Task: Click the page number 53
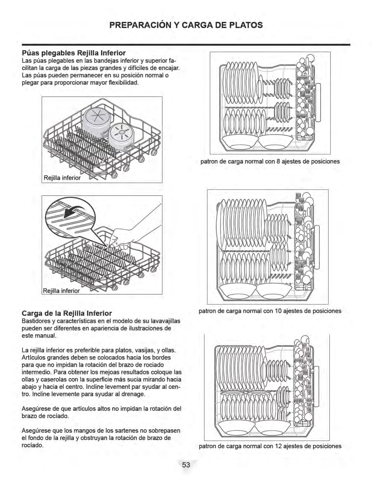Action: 186,465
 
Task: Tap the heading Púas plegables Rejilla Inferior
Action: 74,53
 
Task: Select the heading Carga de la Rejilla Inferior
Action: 67,313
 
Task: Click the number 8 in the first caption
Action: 278,161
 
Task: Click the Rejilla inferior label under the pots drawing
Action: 62,178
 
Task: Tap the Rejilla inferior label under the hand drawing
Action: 61,291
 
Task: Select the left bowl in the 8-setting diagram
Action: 240,142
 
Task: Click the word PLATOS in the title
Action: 246,25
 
